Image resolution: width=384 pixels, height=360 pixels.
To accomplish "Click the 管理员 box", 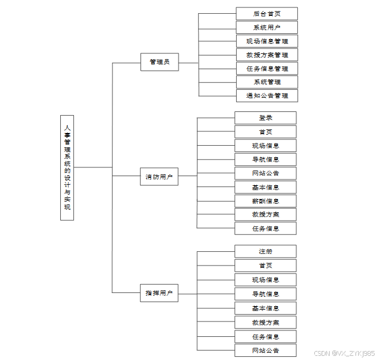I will point(160,62).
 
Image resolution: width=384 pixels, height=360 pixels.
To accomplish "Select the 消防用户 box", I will point(160,177).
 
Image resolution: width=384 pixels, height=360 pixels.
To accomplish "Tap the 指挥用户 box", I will point(160,293).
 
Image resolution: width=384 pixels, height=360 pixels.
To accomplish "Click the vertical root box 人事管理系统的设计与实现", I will point(67,167).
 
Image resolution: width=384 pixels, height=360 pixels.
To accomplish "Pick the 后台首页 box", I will point(267,14).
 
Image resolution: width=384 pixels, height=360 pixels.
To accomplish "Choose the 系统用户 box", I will point(267,27).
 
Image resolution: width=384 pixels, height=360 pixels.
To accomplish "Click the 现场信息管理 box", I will point(267,41).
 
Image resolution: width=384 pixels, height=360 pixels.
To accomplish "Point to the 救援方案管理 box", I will point(267,55).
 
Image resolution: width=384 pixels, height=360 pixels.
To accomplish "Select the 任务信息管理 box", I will point(267,69).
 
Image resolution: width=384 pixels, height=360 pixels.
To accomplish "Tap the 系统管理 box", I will point(267,82).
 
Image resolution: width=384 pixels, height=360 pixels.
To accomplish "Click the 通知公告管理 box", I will point(267,96).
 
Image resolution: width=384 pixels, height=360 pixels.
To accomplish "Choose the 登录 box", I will point(266,118).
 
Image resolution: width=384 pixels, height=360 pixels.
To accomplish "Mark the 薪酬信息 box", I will point(266,201).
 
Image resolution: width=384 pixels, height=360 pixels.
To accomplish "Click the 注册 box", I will point(266,251).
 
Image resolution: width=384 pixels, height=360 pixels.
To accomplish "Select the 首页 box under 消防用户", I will point(266,132).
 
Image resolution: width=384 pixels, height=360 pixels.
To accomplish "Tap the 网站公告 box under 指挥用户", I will point(266,350).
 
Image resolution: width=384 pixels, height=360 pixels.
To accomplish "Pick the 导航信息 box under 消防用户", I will point(266,159).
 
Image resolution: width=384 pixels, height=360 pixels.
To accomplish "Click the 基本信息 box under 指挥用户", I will point(266,308).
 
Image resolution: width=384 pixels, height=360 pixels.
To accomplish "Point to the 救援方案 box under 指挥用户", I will point(266,323).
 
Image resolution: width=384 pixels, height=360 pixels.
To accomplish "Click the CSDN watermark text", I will point(344,353).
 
